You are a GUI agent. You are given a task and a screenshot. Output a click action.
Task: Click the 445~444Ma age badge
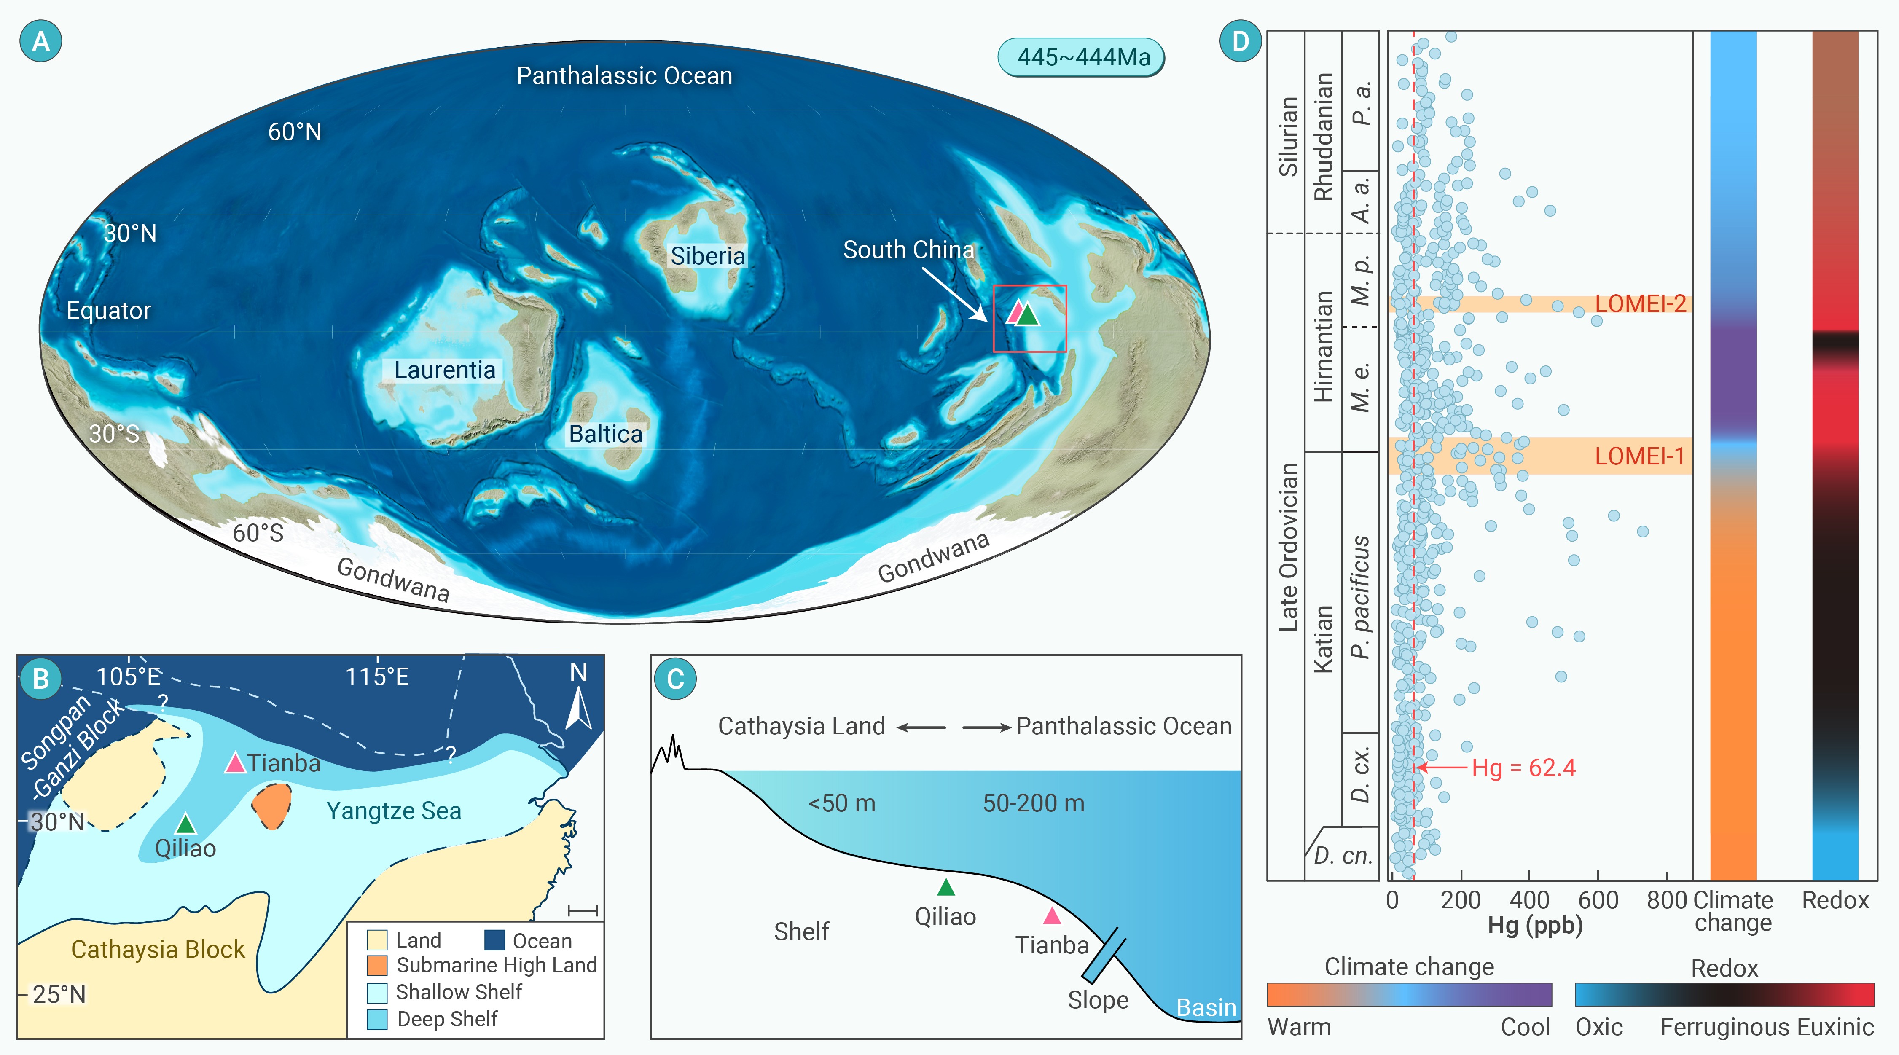coord(1082,57)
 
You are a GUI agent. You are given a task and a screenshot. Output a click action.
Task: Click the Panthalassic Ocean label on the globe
coord(624,76)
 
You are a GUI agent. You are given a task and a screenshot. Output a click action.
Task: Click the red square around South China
coord(1030,319)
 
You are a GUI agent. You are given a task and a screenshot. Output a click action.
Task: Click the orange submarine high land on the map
coord(272,806)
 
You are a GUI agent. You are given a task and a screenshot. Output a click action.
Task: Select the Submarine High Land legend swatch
coord(377,965)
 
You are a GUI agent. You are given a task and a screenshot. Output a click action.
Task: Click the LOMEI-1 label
coord(1639,456)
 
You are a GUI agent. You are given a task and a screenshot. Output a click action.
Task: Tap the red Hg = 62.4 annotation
coord(1523,768)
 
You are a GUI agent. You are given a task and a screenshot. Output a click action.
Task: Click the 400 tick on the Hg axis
coord(1529,900)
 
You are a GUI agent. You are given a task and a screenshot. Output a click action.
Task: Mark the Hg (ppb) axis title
coord(1535,925)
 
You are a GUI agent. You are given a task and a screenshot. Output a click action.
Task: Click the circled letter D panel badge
coord(1241,41)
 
